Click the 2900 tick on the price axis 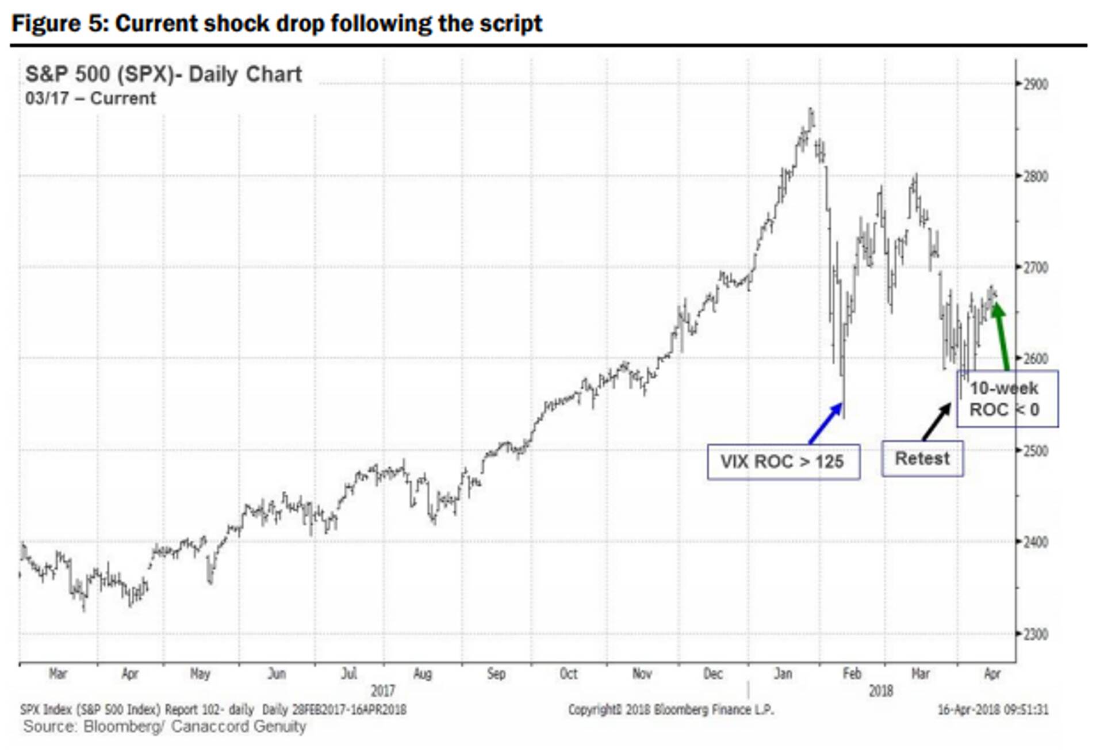(1035, 85)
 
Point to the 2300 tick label (1035, 634)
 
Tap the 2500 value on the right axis (1035, 450)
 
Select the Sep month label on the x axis (496, 674)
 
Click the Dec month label (712, 674)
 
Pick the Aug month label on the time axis (422, 674)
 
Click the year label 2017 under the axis (383, 690)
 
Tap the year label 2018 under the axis (880, 690)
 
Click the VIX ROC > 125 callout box (783, 461)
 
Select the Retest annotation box (922, 459)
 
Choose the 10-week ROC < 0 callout (1006, 399)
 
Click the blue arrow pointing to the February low (826, 423)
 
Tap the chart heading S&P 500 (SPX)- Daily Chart (163, 74)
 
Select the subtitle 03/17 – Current (90, 98)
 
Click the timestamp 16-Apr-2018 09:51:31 (993, 710)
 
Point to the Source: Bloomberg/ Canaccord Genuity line (164, 727)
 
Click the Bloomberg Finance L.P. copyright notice (671, 710)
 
